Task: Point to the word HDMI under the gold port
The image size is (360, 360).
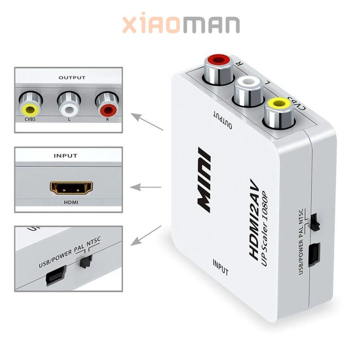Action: click(x=71, y=202)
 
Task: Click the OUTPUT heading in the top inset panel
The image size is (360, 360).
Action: click(x=72, y=78)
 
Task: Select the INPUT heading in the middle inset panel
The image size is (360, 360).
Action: click(x=65, y=156)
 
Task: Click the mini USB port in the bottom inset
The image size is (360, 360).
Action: click(x=54, y=278)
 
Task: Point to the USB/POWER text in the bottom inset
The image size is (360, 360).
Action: click(x=55, y=258)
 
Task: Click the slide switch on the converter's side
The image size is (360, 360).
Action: click(x=315, y=221)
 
